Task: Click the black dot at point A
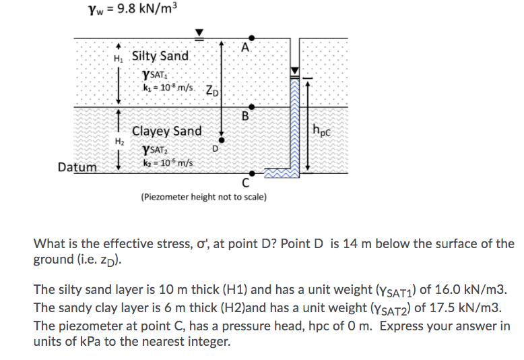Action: pos(251,38)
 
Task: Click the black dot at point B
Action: pos(251,107)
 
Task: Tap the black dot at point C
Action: pos(251,173)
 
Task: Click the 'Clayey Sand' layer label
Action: pos(166,131)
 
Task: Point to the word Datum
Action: pos(77,167)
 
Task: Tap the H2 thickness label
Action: pos(119,142)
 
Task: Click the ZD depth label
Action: pos(211,90)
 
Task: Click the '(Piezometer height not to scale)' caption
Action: pos(203,198)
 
